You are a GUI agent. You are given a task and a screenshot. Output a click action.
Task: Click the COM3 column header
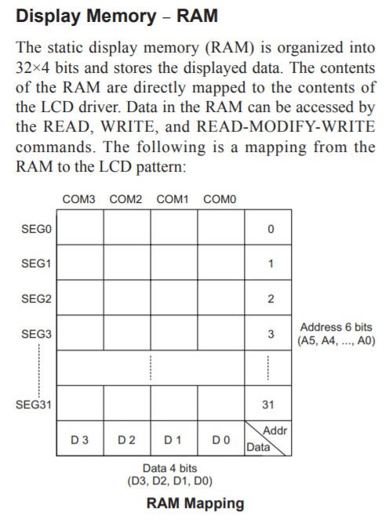point(79,199)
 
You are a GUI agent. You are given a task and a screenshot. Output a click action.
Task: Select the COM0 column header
point(220,199)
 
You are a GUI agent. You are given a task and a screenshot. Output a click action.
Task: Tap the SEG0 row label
point(36,229)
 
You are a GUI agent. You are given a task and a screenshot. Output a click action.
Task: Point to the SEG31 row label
point(34,404)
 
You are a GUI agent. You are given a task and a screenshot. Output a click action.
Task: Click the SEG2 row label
point(36,299)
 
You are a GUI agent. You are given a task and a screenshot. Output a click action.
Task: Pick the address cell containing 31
point(268,403)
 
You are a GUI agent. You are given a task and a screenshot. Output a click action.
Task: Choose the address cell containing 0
point(268,227)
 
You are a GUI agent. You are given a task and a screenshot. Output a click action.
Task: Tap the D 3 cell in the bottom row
point(80,438)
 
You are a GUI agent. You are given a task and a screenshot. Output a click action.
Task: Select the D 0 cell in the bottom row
point(221,438)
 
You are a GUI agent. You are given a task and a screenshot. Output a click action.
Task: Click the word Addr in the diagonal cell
point(275,430)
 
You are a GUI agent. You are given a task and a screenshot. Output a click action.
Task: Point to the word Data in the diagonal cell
point(258,447)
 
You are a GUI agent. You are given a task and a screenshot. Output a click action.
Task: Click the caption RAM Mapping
point(195,503)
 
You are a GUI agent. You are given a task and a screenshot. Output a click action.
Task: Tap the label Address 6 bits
point(336,327)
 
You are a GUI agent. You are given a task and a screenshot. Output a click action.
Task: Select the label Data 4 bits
point(170,468)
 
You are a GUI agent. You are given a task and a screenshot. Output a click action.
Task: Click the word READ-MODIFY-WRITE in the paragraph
point(285,126)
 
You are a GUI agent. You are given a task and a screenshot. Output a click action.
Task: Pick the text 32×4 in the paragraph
point(33,67)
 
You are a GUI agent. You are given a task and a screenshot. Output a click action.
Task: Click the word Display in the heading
point(50,16)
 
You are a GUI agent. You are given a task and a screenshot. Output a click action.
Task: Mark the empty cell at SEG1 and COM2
point(127,263)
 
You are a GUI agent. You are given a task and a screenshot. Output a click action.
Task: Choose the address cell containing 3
point(268,333)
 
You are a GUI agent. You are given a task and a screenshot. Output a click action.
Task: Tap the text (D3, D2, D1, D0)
point(170,481)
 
